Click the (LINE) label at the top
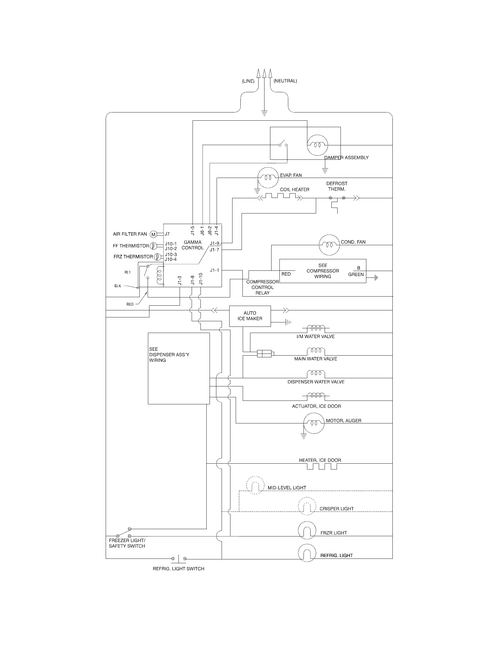pyautogui.click(x=248, y=81)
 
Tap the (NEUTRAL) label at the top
pyautogui.click(x=285, y=81)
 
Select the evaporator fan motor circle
pyautogui.click(x=268, y=177)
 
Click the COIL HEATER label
pyautogui.click(x=294, y=189)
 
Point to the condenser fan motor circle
pyautogui.click(x=329, y=245)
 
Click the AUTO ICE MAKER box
pyautogui.click(x=250, y=316)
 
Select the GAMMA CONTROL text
pyautogui.click(x=193, y=245)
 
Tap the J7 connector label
pyautogui.click(x=167, y=234)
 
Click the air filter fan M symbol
pyautogui.click(x=153, y=235)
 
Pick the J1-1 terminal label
pyautogui.click(x=215, y=270)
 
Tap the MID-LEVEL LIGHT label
pyautogui.click(x=287, y=488)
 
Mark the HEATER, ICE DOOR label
pyautogui.click(x=320, y=460)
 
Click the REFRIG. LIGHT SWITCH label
pyautogui.click(x=178, y=568)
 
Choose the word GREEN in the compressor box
pyautogui.click(x=356, y=275)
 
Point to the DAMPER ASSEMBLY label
pyautogui.click(x=346, y=158)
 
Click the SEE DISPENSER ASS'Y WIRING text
pyautogui.click(x=169, y=354)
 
